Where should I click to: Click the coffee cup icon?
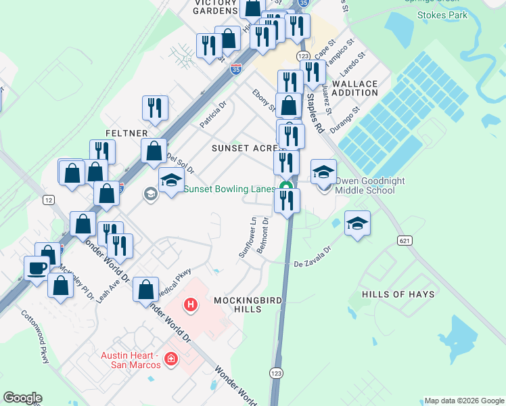(37, 267)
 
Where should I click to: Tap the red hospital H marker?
(191, 305)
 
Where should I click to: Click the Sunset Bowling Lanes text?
(229, 189)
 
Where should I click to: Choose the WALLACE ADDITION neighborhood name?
(354, 87)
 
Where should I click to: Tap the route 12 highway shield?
(48, 200)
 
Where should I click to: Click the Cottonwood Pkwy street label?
(35, 336)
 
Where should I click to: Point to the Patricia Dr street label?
(212, 114)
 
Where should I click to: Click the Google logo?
(22, 398)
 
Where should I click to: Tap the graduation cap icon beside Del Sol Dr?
(172, 181)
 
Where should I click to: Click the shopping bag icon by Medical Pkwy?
(146, 290)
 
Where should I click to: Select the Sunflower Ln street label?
(247, 237)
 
